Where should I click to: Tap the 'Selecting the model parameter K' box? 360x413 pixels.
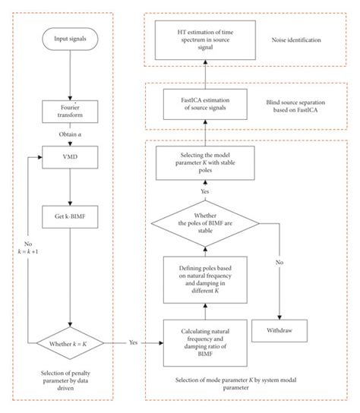click(200, 162)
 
